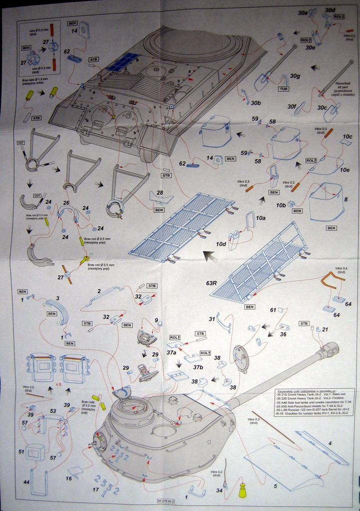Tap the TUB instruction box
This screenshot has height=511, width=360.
(283, 89)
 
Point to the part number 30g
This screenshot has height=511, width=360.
(296, 76)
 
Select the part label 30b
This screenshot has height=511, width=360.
(256, 103)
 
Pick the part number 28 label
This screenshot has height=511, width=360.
(160, 193)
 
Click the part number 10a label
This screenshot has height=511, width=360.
(260, 218)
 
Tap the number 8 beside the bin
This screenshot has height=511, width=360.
(346, 199)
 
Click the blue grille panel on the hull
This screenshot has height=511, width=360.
(121, 63)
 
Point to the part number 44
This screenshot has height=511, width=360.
(26, 482)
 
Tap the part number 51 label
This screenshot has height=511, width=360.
(21, 451)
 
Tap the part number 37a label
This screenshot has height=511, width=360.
(171, 352)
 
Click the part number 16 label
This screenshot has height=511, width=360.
(68, 478)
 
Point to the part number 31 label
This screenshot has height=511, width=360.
(212, 319)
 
